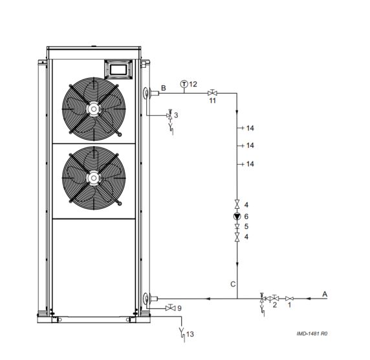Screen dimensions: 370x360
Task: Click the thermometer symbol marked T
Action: coord(184,84)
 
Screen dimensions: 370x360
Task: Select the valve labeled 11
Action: coord(212,93)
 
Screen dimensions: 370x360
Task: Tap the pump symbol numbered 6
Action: coord(237,216)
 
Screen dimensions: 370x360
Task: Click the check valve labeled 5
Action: coord(237,227)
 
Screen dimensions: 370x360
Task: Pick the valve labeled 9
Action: coord(170,308)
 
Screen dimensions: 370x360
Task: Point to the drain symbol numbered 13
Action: coord(182,334)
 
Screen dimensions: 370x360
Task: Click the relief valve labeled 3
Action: coord(169,115)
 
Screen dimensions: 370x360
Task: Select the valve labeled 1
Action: coord(290,299)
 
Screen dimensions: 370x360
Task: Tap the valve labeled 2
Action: coord(275,298)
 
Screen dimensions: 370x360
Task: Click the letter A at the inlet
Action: coord(325,294)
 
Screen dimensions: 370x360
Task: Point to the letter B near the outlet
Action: coord(163,88)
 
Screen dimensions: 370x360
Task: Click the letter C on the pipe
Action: coord(233,284)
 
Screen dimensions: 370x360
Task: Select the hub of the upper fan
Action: coord(94,109)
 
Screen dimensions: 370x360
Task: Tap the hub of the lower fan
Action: coord(94,178)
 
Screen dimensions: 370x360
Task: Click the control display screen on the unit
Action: coord(118,69)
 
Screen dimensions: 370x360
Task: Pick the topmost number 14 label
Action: coord(250,128)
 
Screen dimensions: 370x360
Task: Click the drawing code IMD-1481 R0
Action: coord(312,334)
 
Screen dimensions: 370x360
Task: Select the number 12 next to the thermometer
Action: coord(193,84)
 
